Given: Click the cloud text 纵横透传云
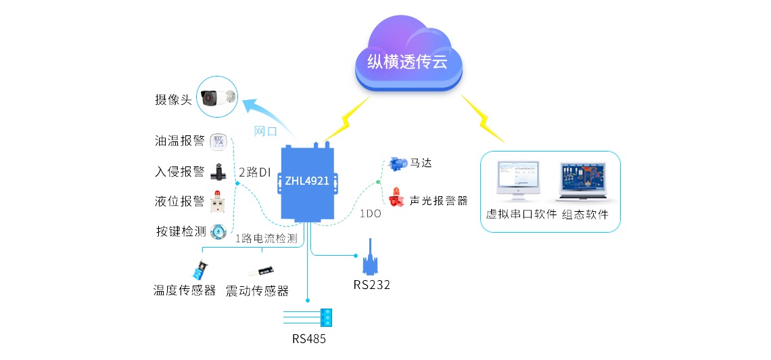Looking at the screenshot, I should pos(407,62).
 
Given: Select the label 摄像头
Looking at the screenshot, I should pos(173,100).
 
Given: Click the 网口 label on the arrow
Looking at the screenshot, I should pos(265,131).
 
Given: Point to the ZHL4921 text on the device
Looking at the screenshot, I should pos(307,181).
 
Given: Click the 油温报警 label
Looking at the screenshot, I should pos(179,141).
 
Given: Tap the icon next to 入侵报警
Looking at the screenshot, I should pos(218,171).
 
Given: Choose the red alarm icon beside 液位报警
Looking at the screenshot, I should pos(218,201).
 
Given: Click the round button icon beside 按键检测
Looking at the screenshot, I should pos(218,231).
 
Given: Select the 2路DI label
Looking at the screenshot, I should pos(254,173).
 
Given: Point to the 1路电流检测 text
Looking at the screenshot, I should pos(266,238).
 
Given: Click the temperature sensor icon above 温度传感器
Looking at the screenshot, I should pos(200,271).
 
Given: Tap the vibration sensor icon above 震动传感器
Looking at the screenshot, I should pos(262,271).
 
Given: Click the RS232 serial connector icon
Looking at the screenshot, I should pos(371,256).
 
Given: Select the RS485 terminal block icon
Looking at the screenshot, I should pos(327,315).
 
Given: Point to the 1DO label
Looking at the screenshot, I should pos(370,213).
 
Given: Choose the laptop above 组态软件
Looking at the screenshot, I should pos(584,182).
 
